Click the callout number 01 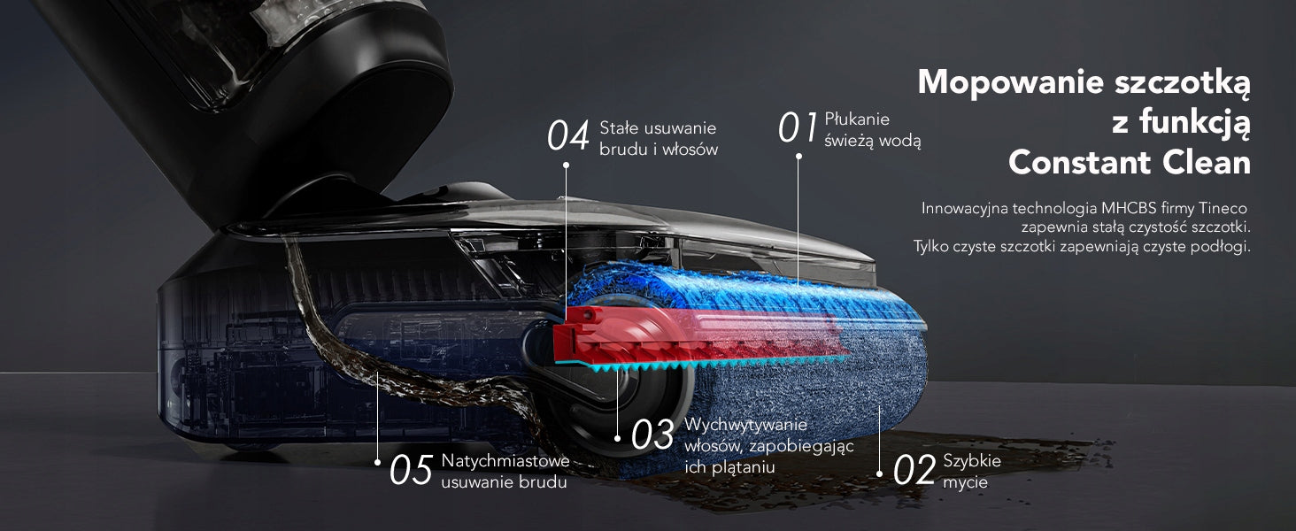[798, 127]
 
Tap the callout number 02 [914, 469]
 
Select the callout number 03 [652, 435]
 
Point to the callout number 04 [568, 135]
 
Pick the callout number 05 [412, 469]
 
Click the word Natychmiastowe [505, 461]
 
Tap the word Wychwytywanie [745, 425]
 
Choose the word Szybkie [972, 460]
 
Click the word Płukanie [857, 119]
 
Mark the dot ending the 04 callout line [566, 165]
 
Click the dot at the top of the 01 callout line [798, 156]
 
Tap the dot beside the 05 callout [377, 462]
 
